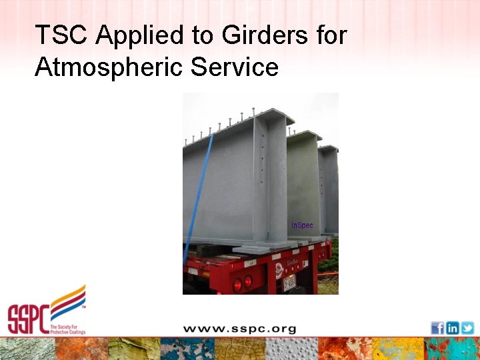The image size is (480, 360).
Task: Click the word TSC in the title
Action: [61, 35]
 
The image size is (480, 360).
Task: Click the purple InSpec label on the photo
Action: [302, 225]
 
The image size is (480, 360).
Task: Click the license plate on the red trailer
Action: [289, 283]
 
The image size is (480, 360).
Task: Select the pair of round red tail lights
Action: [242, 283]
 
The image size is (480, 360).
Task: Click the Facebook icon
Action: [437, 327]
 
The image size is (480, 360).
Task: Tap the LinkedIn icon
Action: [453, 327]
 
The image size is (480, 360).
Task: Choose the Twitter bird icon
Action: [467, 327]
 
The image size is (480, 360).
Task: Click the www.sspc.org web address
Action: [239, 329]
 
